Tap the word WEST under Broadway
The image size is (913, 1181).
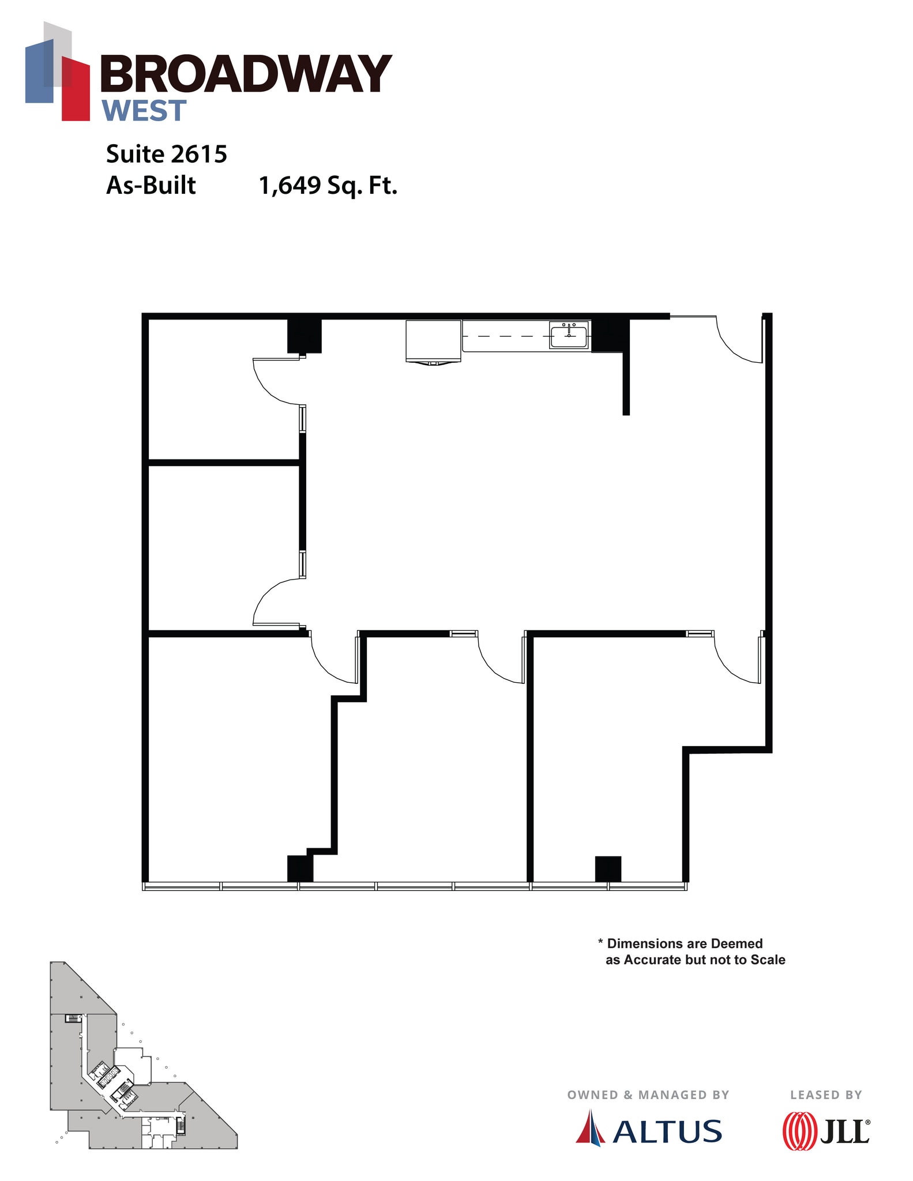point(144,111)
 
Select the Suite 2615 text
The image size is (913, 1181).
point(167,154)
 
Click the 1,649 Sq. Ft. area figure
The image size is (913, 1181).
point(328,186)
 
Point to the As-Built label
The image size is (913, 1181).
point(151,186)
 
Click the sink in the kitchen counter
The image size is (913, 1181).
point(569,335)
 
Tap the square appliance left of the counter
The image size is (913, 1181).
point(433,340)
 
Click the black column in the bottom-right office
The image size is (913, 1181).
point(608,868)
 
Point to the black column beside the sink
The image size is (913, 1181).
point(609,335)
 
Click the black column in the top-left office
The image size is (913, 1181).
point(304,336)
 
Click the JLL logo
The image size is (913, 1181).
point(826,1131)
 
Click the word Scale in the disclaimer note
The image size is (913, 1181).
point(768,960)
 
